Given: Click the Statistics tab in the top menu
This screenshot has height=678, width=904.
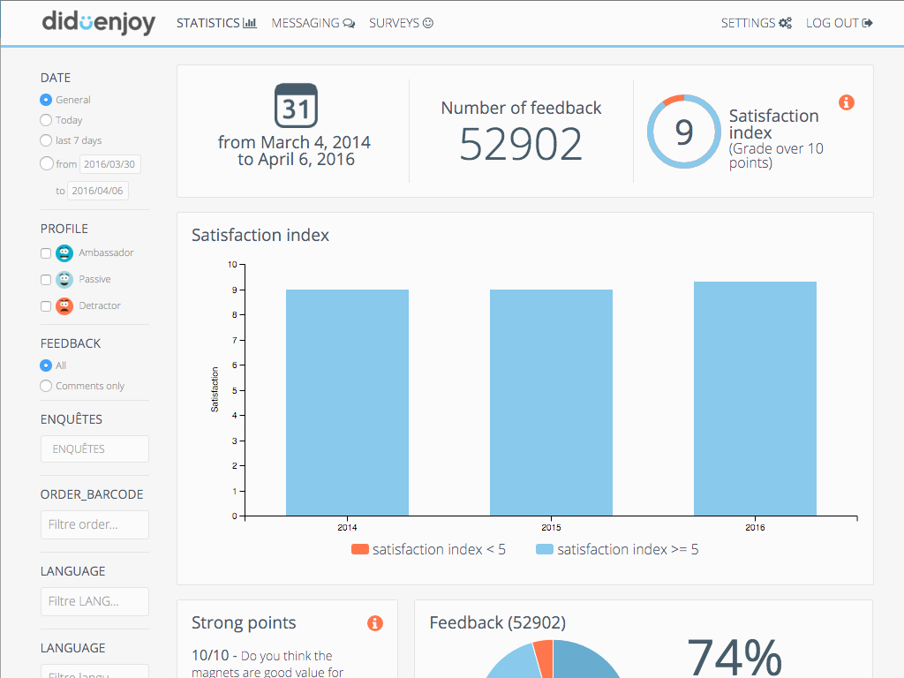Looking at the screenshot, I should (x=216, y=23).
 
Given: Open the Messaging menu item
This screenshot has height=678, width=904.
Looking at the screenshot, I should (x=313, y=23).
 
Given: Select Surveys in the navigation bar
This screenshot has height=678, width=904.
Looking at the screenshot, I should (x=401, y=23).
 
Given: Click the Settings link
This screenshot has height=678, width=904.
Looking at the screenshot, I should (x=756, y=23).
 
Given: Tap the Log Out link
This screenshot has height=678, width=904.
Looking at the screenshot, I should (x=839, y=23).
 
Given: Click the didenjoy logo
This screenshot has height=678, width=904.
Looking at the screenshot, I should (x=98, y=23).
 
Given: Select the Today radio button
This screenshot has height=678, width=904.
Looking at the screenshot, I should (x=46, y=120).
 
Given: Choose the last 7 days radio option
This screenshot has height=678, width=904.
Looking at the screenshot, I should (x=46, y=140).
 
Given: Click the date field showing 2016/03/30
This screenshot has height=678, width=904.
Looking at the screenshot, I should (x=110, y=164).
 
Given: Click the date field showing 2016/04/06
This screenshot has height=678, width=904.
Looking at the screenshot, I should (x=98, y=191).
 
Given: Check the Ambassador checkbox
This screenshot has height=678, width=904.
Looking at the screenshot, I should (x=46, y=253).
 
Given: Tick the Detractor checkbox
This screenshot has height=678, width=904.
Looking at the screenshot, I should (x=46, y=306).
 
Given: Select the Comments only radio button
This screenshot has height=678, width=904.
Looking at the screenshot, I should (x=46, y=386).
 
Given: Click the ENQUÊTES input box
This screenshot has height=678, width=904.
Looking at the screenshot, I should (x=94, y=448).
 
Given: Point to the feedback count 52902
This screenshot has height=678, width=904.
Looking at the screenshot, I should (x=521, y=144).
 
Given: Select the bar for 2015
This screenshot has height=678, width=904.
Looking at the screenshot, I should (x=551, y=403).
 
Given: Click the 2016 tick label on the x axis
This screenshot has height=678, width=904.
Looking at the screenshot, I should (x=755, y=528).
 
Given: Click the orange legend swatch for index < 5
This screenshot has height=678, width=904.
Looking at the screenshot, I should (x=359, y=549).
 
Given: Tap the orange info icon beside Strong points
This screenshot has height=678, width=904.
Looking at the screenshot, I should (x=375, y=623).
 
